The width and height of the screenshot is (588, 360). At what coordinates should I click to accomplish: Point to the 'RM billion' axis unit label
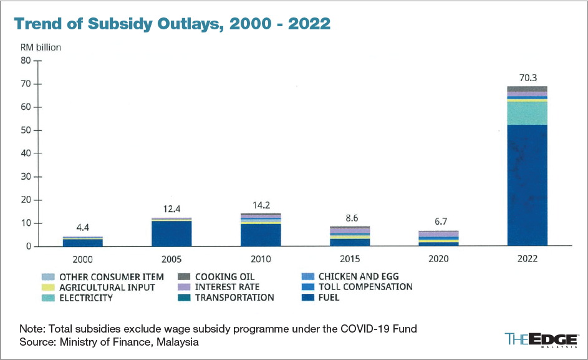pos(41,47)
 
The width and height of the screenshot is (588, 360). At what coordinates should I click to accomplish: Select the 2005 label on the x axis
pos(171,258)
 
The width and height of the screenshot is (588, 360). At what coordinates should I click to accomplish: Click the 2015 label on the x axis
pos(350,258)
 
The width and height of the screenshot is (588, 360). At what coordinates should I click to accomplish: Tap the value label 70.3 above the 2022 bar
pos(527,78)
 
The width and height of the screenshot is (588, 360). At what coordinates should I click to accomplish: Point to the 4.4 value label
pos(82,229)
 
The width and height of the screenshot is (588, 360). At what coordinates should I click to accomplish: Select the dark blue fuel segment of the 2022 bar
pos(527,185)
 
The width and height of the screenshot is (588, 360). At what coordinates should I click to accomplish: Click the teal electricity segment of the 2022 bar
pos(527,113)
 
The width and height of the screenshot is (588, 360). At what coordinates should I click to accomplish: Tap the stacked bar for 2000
pos(82,241)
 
